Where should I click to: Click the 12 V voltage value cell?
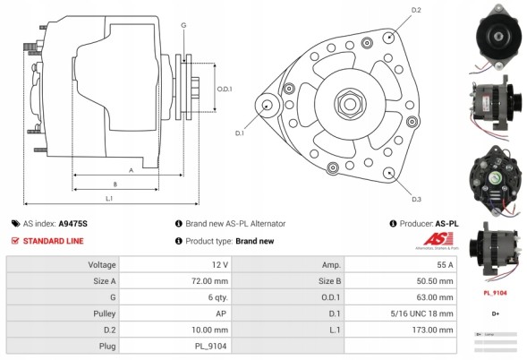[x=219, y=265]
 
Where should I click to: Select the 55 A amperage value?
[x=446, y=265]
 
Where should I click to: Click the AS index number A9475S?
[x=73, y=224]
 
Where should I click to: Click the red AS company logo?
[x=435, y=238]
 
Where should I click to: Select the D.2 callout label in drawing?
[x=415, y=11]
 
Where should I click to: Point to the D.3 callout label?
[x=416, y=198]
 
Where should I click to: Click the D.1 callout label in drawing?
[x=240, y=133]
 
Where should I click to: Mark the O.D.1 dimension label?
[x=225, y=89]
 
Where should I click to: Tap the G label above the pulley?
[x=183, y=25]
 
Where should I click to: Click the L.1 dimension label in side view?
[x=109, y=197]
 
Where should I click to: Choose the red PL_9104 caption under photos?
[x=496, y=292]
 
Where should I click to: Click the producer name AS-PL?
[x=446, y=224]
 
